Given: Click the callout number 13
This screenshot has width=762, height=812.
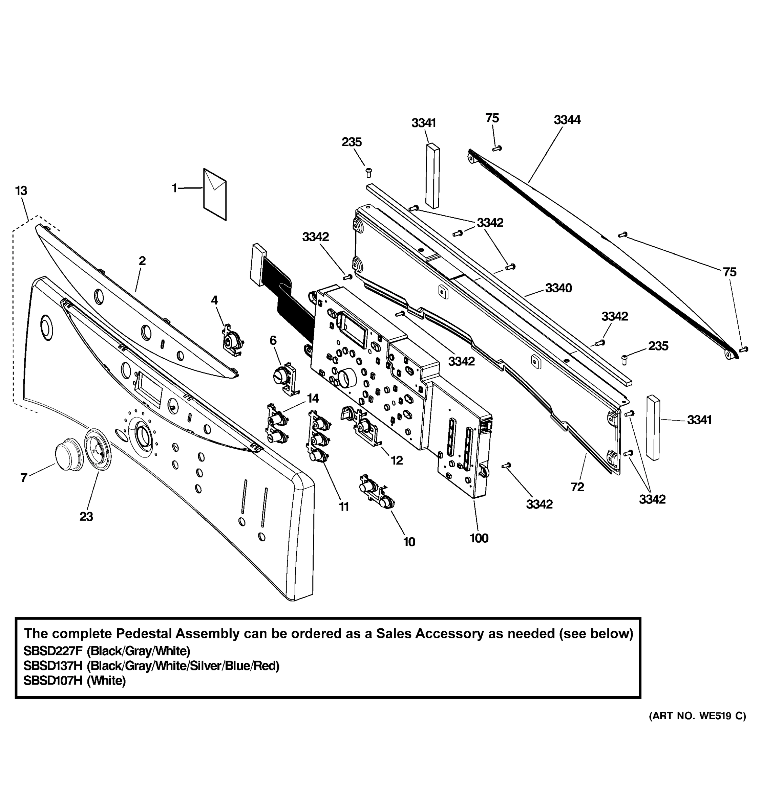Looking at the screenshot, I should click(x=21, y=191).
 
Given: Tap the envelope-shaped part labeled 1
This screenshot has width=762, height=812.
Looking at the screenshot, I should click(x=215, y=195).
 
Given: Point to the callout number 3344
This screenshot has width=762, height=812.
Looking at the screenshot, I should click(x=567, y=120).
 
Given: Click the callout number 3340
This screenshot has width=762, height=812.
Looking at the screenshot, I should click(x=558, y=288).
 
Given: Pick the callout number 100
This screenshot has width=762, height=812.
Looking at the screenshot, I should click(x=479, y=538).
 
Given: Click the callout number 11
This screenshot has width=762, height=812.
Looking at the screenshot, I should click(x=344, y=506).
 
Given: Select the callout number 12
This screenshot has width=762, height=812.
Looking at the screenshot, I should click(x=397, y=460).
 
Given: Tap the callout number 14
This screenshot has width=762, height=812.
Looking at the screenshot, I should click(x=313, y=398).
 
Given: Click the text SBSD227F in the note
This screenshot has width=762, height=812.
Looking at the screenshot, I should click(x=53, y=651).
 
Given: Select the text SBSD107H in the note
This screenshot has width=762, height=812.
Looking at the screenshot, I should click(x=53, y=680).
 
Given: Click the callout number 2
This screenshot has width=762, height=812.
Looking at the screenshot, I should click(x=142, y=261).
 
